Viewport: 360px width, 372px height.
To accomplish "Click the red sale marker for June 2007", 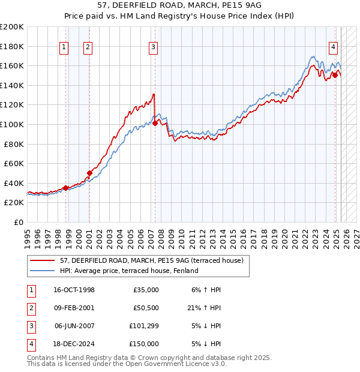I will click(x=155, y=123).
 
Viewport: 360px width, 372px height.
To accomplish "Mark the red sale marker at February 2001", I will click(x=89, y=173).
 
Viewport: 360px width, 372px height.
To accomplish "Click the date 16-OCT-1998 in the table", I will click(x=74, y=290).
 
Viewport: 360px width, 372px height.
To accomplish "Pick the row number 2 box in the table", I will click(x=30, y=308).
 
